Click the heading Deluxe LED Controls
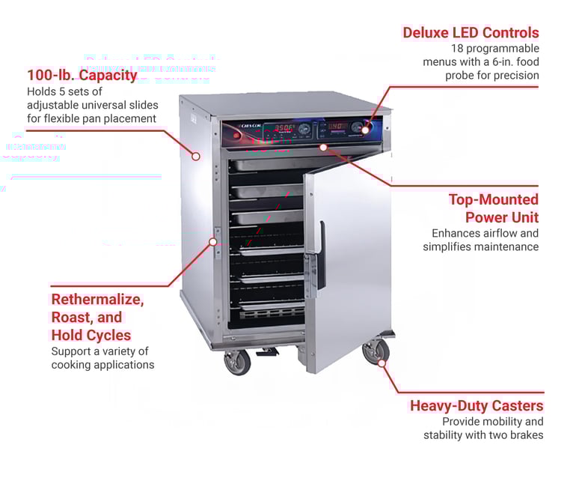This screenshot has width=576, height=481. [470, 33]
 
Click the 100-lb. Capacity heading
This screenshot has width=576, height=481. [82, 75]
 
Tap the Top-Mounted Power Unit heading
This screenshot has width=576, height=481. [494, 208]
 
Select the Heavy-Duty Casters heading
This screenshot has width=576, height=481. [477, 406]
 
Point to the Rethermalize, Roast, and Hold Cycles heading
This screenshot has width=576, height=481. [97, 317]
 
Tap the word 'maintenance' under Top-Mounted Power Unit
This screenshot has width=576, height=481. [506, 246]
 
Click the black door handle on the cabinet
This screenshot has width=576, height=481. [321, 255]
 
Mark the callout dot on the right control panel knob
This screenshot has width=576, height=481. [366, 129]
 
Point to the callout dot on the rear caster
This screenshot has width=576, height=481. [382, 363]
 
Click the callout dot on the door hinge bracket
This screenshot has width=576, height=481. [213, 241]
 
